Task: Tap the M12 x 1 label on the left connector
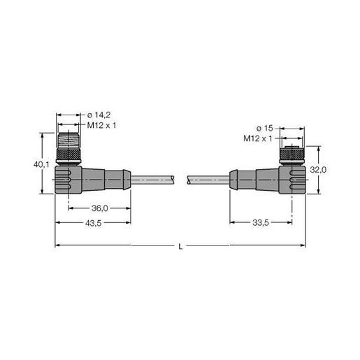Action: coord(101,124)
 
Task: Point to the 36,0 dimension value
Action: coord(100,208)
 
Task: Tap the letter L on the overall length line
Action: coord(180,245)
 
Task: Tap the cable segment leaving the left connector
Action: coord(154,180)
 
